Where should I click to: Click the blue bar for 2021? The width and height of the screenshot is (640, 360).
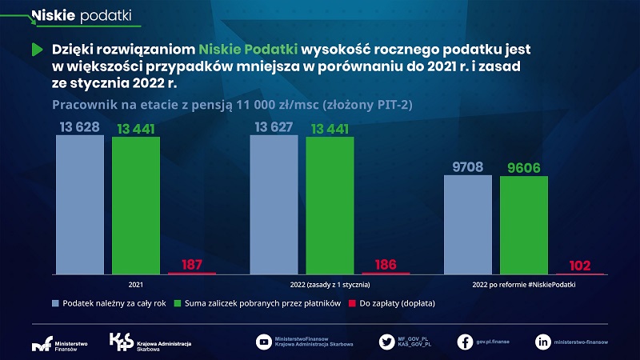[x=80, y=204]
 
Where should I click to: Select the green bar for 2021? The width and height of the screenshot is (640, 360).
[x=136, y=206]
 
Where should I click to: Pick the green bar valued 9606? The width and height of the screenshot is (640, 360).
[x=524, y=225]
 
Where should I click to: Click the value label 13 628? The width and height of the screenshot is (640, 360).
[x=80, y=127]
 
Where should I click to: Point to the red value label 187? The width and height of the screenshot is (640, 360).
[x=192, y=264]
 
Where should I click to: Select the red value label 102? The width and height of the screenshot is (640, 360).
[x=580, y=266]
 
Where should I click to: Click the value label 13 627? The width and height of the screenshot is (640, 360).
[x=274, y=127]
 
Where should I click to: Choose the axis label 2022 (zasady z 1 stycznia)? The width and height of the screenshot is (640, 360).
[x=330, y=284]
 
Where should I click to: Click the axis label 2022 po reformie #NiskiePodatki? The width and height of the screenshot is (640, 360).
[x=523, y=284]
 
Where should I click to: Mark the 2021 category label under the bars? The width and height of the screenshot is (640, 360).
[x=136, y=284]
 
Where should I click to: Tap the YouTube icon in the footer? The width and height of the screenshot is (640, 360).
[x=263, y=342]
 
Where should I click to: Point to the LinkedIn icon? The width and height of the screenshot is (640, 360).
[x=543, y=342]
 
